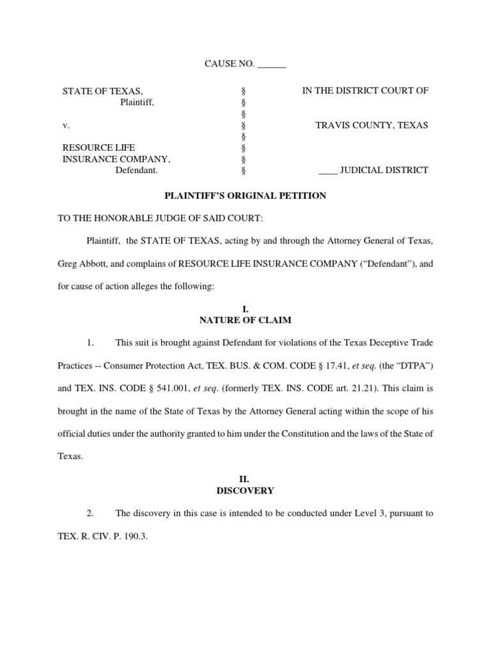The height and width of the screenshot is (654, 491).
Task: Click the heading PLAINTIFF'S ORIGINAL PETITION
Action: pyautogui.click(x=245, y=196)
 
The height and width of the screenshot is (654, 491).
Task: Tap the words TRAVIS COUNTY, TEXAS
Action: pyautogui.click(x=371, y=125)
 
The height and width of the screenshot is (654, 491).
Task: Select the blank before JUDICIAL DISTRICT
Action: pyautogui.click(x=327, y=171)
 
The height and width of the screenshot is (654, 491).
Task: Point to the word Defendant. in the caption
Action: pyautogui.click(x=136, y=171)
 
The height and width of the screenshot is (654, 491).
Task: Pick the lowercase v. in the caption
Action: pyautogui.click(x=65, y=125)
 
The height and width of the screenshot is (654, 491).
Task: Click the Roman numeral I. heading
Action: pyautogui.click(x=245, y=309)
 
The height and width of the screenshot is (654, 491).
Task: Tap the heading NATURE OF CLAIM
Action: pyautogui.click(x=245, y=320)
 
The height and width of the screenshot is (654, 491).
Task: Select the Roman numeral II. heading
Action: pyautogui.click(x=245, y=480)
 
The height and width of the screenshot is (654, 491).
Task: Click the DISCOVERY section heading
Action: pyautogui.click(x=245, y=490)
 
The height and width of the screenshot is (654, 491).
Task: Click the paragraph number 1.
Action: pyautogui.click(x=90, y=343)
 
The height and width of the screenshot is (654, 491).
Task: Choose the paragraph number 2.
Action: pyautogui.click(x=90, y=513)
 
